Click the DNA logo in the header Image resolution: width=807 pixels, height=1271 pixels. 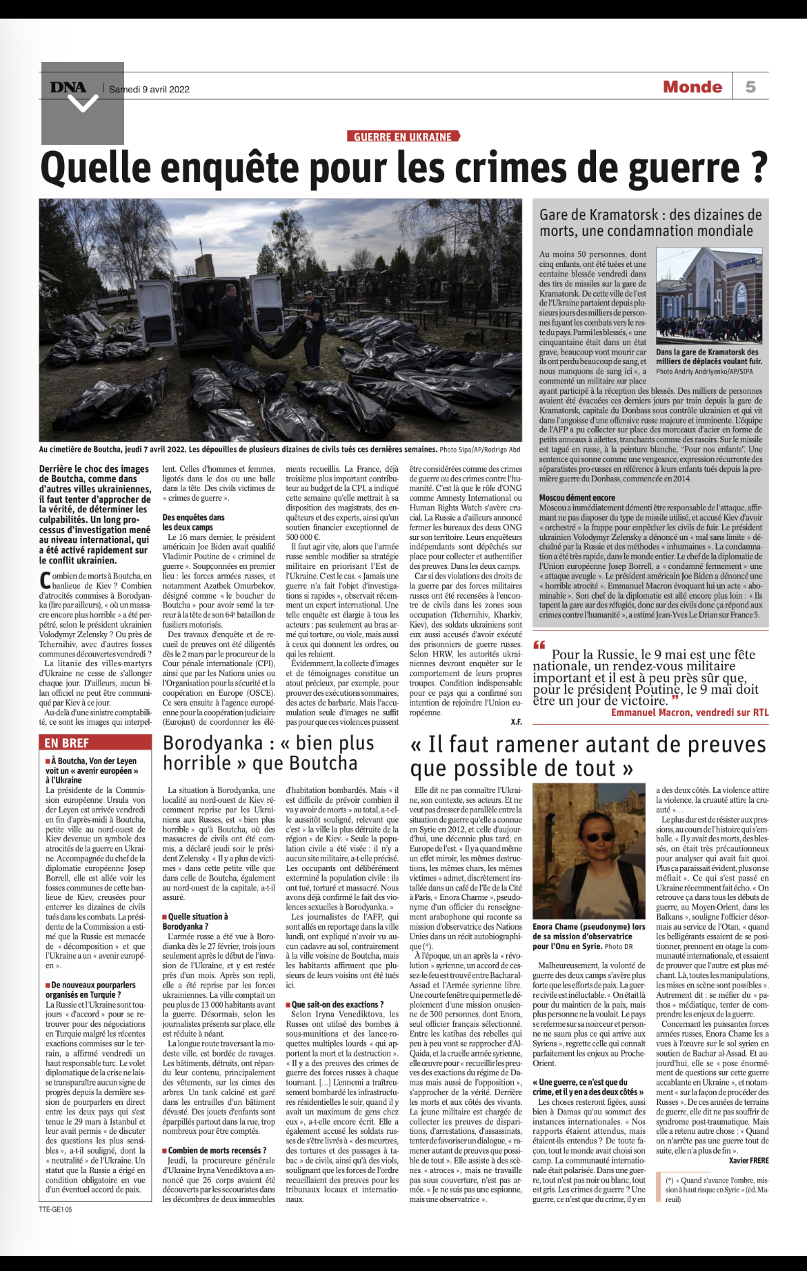click(68, 87)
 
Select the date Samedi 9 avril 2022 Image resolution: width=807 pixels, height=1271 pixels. click(149, 89)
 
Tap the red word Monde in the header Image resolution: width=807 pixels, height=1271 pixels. click(692, 87)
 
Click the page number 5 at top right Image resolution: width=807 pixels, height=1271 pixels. click(750, 87)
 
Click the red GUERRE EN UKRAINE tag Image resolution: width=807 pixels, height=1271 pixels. click(403, 137)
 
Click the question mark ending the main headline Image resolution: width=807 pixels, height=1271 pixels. click(759, 168)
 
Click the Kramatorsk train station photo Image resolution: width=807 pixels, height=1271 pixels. click(709, 295)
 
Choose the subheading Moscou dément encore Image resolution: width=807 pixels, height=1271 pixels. click(577, 497)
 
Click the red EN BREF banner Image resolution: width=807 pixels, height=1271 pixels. click(66, 743)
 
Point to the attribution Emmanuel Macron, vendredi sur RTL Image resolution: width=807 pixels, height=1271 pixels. click(689, 712)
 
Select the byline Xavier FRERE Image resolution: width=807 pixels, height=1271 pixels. click(748, 1161)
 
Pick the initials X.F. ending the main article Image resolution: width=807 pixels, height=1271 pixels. click(516, 722)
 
